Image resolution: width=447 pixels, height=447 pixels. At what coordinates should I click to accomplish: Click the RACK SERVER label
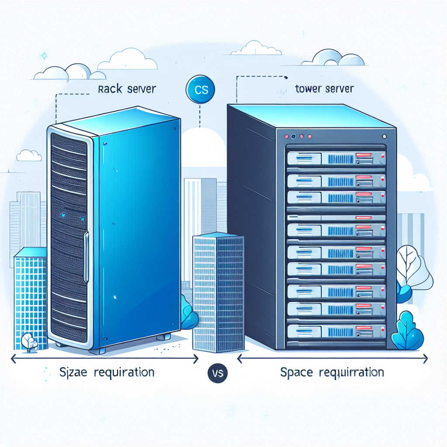(x=127, y=89)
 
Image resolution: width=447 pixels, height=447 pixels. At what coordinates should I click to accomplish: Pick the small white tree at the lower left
(x=28, y=342)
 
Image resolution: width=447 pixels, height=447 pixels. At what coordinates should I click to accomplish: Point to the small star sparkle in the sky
(x=44, y=56)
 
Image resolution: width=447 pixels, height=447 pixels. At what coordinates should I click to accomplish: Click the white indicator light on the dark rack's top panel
(x=383, y=136)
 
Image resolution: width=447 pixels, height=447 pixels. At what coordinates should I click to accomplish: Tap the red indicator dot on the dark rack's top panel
(x=287, y=136)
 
